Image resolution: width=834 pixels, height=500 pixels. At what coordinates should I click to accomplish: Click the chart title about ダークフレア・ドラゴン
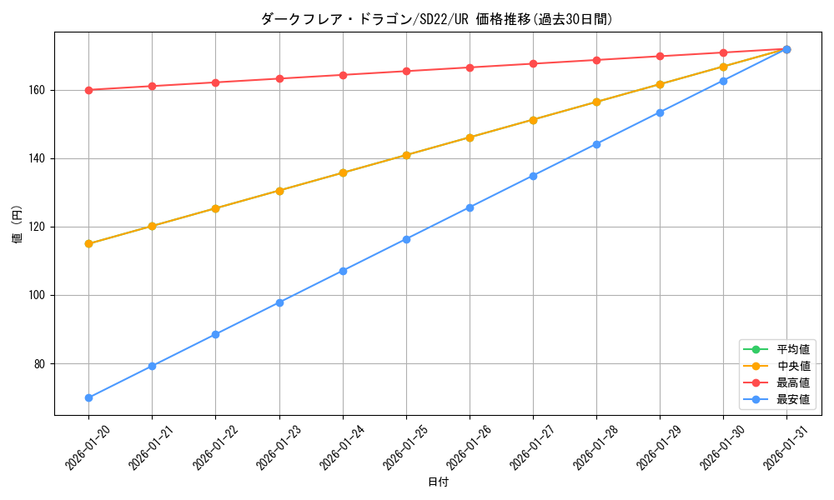tap(437, 19)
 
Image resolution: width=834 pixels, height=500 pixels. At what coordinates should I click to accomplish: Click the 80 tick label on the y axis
tap(41, 364)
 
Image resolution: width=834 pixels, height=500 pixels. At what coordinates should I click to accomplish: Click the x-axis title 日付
tap(437, 482)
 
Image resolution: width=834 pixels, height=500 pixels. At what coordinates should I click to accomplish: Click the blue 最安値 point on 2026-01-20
tap(88, 397)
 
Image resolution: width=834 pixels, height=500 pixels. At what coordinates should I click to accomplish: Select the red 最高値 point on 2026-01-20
tap(88, 90)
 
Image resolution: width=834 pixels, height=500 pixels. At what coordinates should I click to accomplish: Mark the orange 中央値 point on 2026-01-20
tap(88, 244)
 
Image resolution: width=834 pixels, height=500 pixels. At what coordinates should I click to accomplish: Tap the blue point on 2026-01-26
tap(470, 207)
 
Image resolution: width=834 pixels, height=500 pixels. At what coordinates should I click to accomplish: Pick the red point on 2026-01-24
tap(343, 75)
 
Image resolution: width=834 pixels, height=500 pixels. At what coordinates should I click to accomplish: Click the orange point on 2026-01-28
tap(596, 102)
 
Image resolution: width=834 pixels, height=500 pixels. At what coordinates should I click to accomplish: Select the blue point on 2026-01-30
tap(723, 81)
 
